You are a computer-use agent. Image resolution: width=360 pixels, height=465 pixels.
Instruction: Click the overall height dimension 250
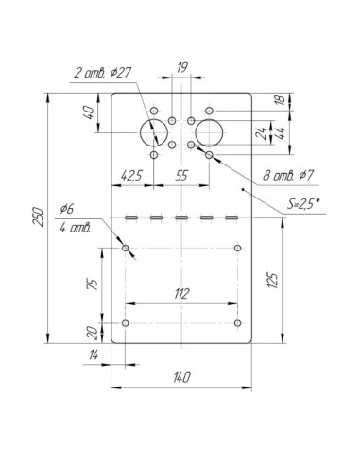(x=39, y=216)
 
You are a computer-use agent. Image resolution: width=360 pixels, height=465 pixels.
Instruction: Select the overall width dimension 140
(x=181, y=377)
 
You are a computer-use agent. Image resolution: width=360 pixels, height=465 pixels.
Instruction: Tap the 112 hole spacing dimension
(x=181, y=294)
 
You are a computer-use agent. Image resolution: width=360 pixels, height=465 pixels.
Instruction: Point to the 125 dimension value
(x=273, y=280)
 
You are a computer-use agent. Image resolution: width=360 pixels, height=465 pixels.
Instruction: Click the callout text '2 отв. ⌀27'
(x=102, y=73)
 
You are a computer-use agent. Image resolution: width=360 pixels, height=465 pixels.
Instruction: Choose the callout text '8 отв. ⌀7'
(x=288, y=175)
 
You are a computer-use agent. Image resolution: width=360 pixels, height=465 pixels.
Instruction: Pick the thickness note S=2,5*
(x=303, y=204)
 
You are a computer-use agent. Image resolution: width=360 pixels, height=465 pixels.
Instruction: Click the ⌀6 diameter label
(x=66, y=208)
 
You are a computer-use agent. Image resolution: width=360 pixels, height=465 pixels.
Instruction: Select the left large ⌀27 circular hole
(x=154, y=133)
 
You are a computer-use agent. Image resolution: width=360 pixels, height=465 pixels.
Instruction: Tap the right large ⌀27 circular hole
(x=209, y=133)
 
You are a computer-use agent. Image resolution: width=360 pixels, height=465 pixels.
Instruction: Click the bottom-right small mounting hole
(x=238, y=323)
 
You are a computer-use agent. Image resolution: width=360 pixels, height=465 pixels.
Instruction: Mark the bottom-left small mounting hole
(x=126, y=323)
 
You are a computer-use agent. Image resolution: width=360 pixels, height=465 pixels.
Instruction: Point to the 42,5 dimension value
(x=132, y=176)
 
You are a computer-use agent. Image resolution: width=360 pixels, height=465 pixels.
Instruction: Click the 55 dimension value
(x=181, y=176)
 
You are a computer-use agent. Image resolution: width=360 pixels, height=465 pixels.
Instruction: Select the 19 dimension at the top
(x=182, y=67)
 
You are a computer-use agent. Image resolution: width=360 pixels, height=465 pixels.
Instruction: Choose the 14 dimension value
(x=94, y=355)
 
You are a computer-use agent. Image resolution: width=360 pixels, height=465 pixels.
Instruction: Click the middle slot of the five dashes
(x=181, y=217)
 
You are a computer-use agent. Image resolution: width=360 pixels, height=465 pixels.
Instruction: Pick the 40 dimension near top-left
(x=89, y=112)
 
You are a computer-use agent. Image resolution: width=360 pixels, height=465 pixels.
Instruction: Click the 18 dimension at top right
(x=280, y=100)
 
